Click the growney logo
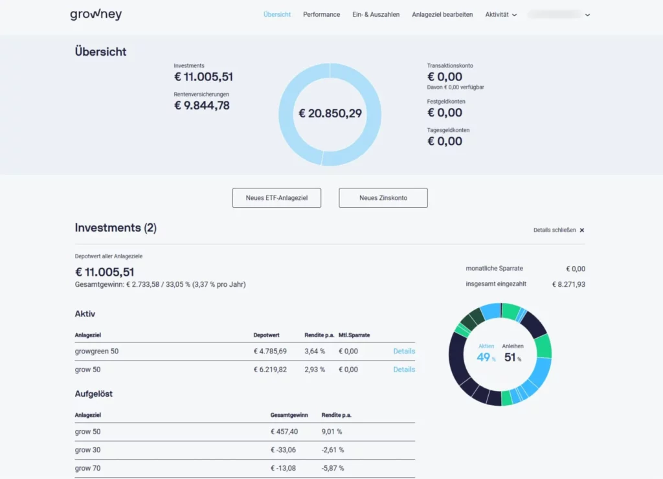click(96, 14)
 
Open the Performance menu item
click(321, 14)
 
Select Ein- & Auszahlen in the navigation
click(376, 14)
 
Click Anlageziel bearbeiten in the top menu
click(442, 14)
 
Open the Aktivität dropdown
click(500, 14)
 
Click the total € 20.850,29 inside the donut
click(330, 114)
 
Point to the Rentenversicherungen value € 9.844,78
click(202, 106)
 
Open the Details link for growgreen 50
click(404, 351)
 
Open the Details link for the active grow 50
click(404, 370)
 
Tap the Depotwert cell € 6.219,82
click(270, 370)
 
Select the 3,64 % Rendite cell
click(315, 351)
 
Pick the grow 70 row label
click(87, 468)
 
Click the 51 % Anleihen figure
click(512, 357)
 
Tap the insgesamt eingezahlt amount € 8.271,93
click(568, 284)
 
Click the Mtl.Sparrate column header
click(355, 335)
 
